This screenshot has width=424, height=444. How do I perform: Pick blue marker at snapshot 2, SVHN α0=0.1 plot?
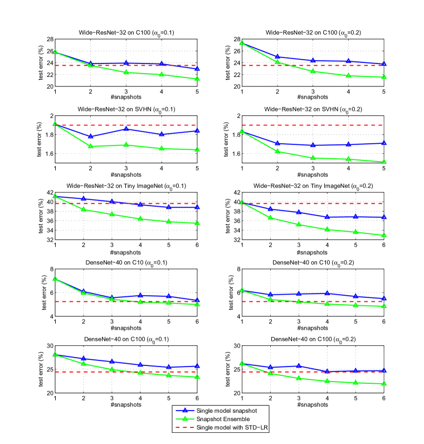pyautogui.click(x=91, y=136)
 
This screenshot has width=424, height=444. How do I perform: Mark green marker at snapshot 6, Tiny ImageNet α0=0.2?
pyautogui.click(x=383, y=236)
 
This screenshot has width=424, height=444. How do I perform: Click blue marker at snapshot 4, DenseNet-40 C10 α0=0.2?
pyautogui.click(x=348, y=293)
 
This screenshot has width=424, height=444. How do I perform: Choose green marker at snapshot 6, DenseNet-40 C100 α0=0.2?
pyautogui.click(x=383, y=384)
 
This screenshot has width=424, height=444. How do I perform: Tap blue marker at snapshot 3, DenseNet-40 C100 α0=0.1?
pyautogui.click(x=113, y=362)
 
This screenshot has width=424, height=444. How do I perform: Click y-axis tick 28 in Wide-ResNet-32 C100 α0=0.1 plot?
pyautogui.click(x=49, y=39)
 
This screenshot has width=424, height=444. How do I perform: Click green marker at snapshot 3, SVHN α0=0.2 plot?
pyautogui.click(x=313, y=158)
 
